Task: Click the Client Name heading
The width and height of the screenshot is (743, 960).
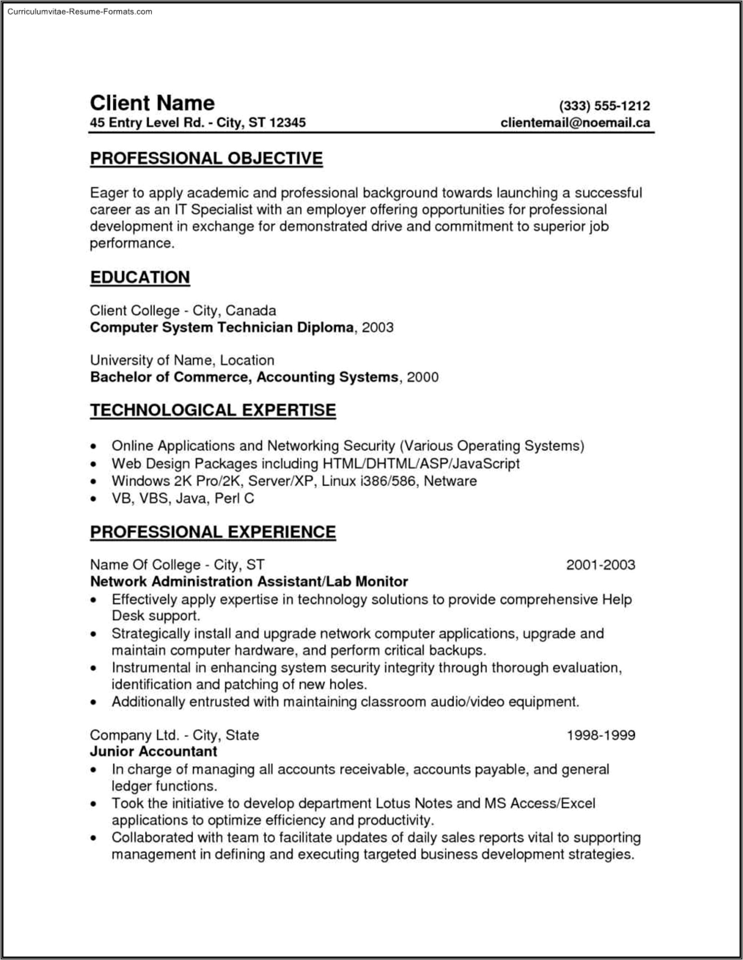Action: click(x=152, y=103)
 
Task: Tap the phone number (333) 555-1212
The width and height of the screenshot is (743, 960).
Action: click(x=604, y=106)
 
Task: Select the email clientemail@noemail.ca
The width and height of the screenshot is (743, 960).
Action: click(x=575, y=122)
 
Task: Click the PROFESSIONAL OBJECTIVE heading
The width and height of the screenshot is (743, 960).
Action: click(x=206, y=158)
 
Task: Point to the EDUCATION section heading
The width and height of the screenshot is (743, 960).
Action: click(x=140, y=277)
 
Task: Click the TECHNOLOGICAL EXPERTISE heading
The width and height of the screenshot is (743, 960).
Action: click(x=213, y=410)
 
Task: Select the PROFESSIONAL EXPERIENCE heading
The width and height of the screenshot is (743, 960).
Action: click(x=213, y=532)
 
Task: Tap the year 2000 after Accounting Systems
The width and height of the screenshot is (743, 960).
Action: click(x=422, y=377)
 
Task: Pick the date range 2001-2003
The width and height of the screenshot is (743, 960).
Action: click(x=600, y=565)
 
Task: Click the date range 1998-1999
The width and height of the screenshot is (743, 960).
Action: click(x=601, y=735)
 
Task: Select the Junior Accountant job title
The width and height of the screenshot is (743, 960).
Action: click(x=153, y=751)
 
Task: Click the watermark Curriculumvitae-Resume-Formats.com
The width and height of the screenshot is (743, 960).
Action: click(x=80, y=12)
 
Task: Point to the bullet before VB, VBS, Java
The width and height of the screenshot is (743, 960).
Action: click(x=93, y=499)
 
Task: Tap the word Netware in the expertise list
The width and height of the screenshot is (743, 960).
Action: click(x=450, y=481)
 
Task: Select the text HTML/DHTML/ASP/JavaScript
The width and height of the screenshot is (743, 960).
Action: click(x=421, y=463)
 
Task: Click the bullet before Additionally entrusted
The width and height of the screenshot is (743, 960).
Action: click(x=93, y=702)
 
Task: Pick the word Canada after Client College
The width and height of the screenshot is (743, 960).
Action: click(x=251, y=311)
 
